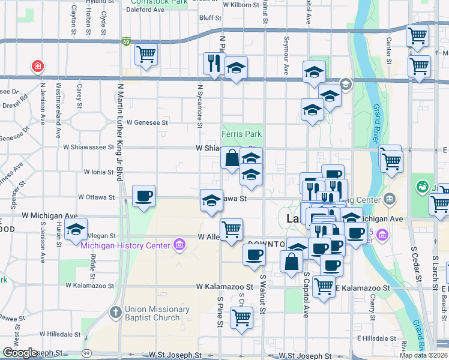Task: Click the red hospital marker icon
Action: click(38, 65)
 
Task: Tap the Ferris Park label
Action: click(242, 134)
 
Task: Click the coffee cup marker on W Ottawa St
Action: click(143, 196)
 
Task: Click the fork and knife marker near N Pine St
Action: click(213, 63)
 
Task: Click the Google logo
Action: click(20, 352)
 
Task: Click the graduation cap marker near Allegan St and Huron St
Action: click(76, 229)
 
